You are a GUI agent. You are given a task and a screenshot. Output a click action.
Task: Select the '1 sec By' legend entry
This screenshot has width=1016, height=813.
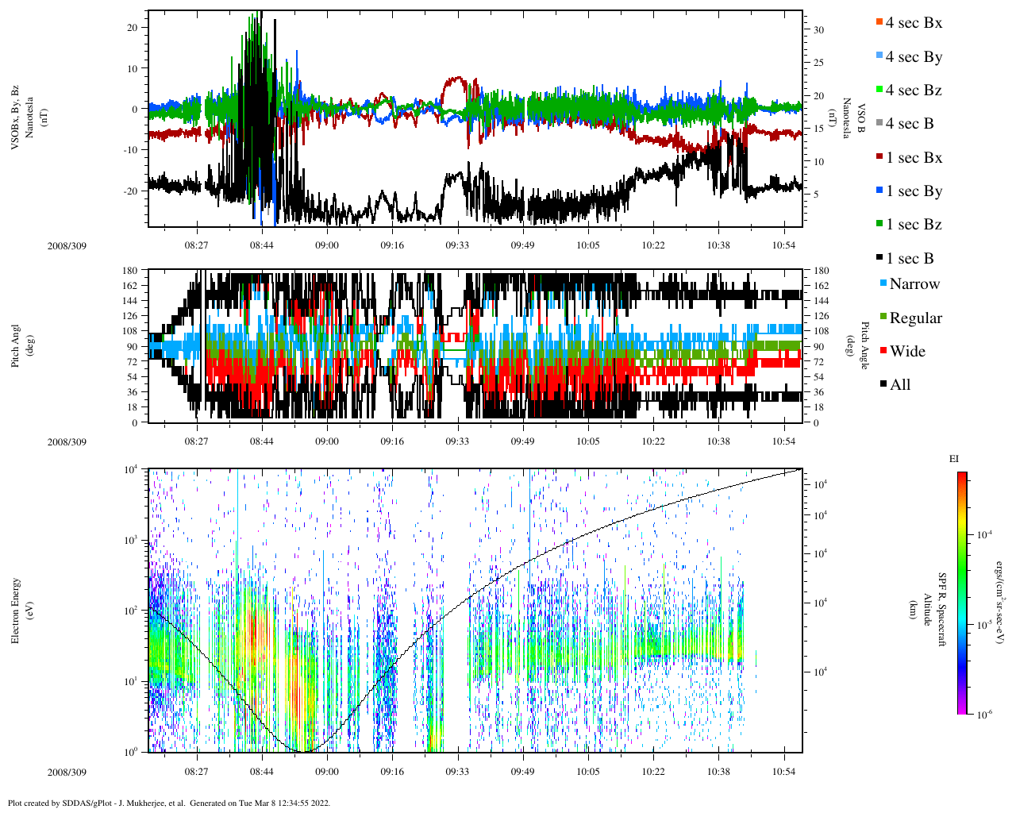coord(914,191)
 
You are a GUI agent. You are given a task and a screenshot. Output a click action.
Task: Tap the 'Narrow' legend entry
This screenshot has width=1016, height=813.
coord(914,284)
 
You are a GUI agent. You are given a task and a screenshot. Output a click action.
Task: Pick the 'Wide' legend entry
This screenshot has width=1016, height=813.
coord(906,352)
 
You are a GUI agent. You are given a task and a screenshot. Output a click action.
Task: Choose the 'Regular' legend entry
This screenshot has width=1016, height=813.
coord(915,318)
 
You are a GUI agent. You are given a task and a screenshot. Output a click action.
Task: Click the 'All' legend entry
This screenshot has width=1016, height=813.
coord(899,385)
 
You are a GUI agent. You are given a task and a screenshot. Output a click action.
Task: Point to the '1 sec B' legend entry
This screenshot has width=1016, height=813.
coord(910,259)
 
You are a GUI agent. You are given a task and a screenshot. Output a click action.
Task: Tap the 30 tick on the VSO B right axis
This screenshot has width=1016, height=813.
coord(818,30)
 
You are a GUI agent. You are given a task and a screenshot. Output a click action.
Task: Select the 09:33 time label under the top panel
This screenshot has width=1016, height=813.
coord(457,245)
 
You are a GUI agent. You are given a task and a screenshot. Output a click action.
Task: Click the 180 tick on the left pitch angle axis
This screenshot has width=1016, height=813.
coord(130,271)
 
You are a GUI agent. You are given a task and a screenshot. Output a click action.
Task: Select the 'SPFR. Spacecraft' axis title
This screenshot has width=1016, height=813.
coord(943,610)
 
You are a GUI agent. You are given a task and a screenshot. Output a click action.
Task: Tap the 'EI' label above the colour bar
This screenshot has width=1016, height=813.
coord(954,459)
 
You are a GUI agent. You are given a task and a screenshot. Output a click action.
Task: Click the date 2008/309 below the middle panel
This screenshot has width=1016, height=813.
coord(67,441)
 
